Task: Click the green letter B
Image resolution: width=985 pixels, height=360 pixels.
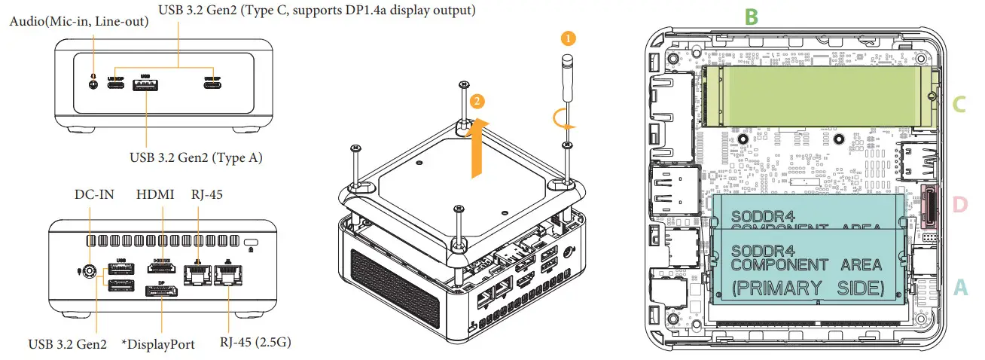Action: pos(750,17)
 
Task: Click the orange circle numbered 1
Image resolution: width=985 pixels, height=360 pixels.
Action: pos(569,35)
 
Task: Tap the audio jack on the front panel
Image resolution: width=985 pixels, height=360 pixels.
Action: pos(93,84)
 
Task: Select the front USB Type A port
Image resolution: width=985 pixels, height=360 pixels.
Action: pos(144,85)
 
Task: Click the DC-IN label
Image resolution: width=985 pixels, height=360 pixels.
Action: pos(93,194)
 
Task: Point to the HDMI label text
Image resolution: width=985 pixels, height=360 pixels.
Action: pos(155,194)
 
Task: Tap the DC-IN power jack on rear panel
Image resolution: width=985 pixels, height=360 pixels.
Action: pos(90,272)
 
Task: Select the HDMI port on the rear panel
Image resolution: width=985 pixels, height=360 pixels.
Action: pos(159,268)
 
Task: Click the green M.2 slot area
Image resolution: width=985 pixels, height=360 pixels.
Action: pos(813,96)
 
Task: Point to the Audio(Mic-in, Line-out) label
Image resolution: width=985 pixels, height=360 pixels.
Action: pos(79,23)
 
